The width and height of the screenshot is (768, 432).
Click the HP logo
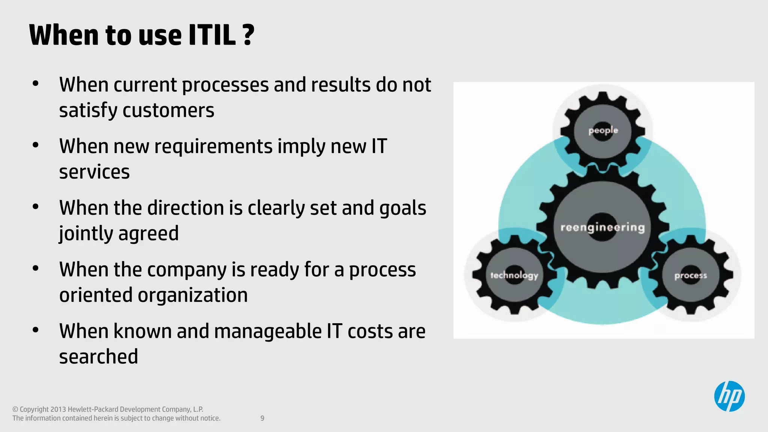tap(729, 396)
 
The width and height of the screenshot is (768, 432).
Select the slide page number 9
tap(262, 418)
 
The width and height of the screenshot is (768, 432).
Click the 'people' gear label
tap(603, 130)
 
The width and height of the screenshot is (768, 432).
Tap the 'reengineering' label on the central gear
tap(603, 227)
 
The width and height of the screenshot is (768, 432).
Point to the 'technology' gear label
tap(514, 275)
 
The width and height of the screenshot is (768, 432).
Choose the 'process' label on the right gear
tap(690, 276)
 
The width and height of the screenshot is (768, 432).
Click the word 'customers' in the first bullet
tap(168, 110)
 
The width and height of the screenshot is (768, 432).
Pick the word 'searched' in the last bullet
tap(99, 356)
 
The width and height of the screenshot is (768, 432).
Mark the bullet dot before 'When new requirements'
tap(36, 145)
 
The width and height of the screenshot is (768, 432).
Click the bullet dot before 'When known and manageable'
tap(36, 330)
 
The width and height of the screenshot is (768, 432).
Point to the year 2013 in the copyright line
tap(58, 409)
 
